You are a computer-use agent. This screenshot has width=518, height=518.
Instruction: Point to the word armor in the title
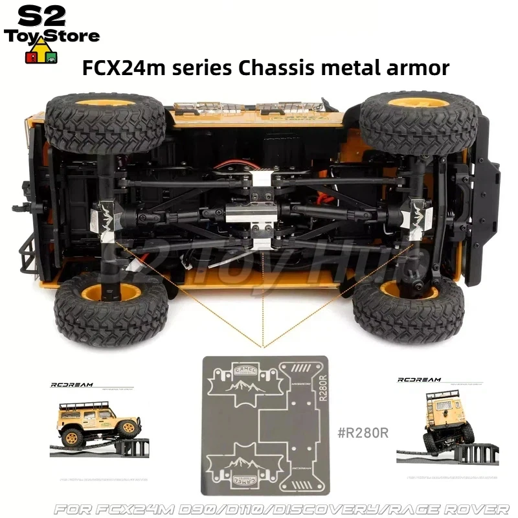tap(422, 67)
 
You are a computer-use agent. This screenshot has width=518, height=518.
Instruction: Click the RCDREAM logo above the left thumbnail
tap(73, 385)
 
